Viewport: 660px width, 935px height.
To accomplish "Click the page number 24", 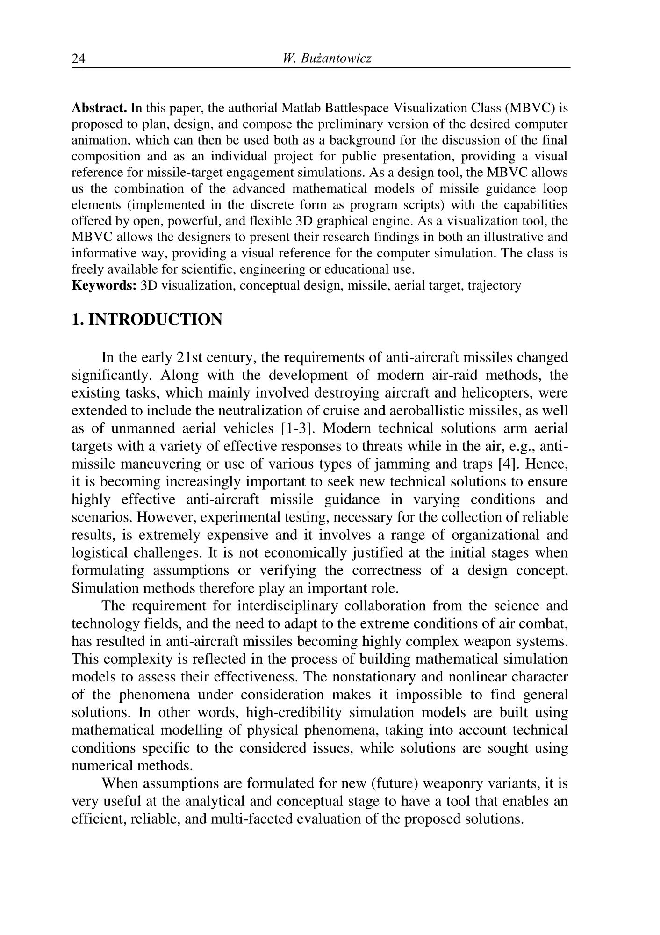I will pos(79,59).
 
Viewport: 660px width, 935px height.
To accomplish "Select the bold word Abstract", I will pos(99,109).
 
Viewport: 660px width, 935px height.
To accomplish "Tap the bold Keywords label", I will pos(104,285).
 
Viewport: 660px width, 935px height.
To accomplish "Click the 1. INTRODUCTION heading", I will pos(147,320).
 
